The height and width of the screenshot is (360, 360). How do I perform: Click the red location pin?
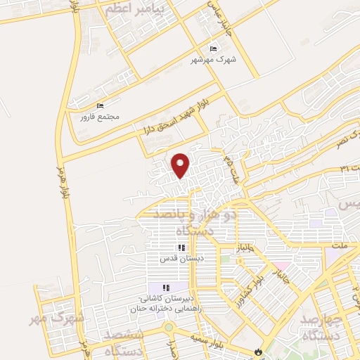(x=181, y=165)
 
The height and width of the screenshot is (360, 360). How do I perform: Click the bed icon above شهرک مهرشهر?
(x=214, y=49)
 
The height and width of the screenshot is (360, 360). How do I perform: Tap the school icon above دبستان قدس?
(x=181, y=247)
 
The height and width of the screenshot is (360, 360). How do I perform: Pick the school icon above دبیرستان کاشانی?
(x=167, y=287)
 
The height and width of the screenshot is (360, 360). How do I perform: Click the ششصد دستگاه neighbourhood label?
(x=126, y=342)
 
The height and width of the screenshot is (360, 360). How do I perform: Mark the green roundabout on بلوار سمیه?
(x=169, y=328)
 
